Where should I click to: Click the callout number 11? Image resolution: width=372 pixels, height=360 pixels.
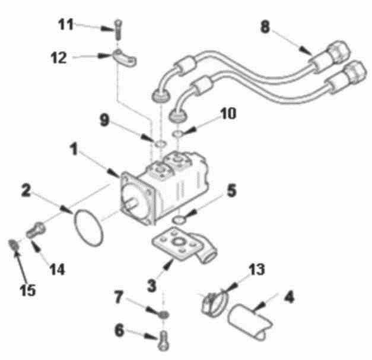point(66,24)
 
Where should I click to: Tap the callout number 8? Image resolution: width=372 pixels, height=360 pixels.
point(265,27)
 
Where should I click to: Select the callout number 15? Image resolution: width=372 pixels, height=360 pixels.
point(28,290)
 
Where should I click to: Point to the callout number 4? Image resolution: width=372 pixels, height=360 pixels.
point(289,297)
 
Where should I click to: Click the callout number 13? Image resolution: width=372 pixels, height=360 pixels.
point(256,269)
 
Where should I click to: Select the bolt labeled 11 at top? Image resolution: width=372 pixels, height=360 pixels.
point(119,30)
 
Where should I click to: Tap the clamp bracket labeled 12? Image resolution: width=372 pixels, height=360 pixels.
point(124,58)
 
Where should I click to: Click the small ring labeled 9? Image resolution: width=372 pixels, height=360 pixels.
point(160,144)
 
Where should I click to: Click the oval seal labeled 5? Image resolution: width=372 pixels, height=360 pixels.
point(179,220)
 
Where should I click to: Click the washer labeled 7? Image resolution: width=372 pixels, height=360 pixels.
point(164,315)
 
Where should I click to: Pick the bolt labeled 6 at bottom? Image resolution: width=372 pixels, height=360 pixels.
point(164,340)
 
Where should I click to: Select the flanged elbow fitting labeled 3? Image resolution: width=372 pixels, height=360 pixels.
point(184,245)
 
